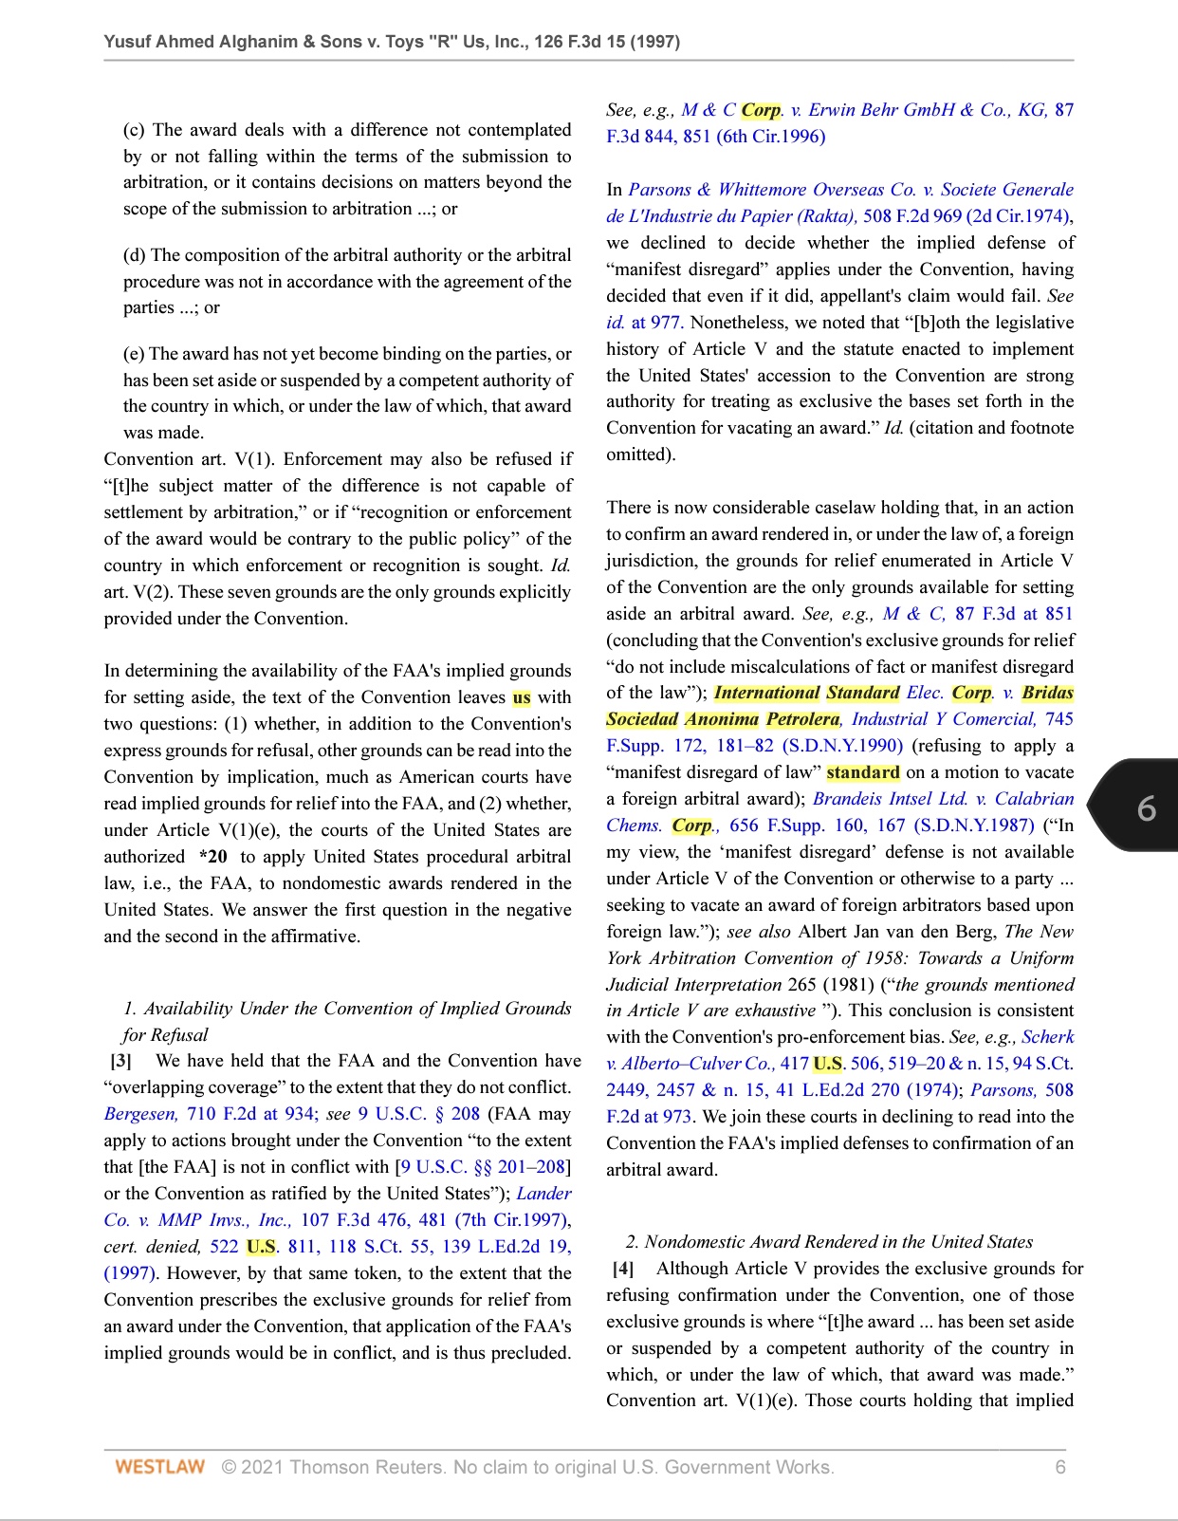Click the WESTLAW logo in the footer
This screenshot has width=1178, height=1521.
(x=159, y=1467)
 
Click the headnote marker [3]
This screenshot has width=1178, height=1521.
(x=120, y=1061)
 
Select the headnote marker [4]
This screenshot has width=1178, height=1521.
(x=622, y=1269)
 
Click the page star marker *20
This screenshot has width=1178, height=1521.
(x=213, y=857)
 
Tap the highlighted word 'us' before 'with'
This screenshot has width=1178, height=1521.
(x=521, y=697)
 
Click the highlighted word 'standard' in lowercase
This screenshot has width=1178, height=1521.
(x=862, y=772)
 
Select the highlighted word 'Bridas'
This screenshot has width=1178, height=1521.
(x=1047, y=693)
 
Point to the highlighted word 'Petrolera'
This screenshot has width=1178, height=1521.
(x=802, y=719)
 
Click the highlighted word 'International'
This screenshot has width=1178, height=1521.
(x=766, y=693)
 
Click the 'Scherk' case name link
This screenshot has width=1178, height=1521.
(x=1047, y=1037)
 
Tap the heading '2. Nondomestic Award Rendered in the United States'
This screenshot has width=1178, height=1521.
(x=829, y=1242)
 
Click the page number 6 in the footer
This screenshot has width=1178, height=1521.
(x=1060, y=1467)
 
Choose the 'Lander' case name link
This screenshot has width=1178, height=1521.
(x=543, y=1194)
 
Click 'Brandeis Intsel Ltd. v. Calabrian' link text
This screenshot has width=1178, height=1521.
(x=943, y=799)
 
